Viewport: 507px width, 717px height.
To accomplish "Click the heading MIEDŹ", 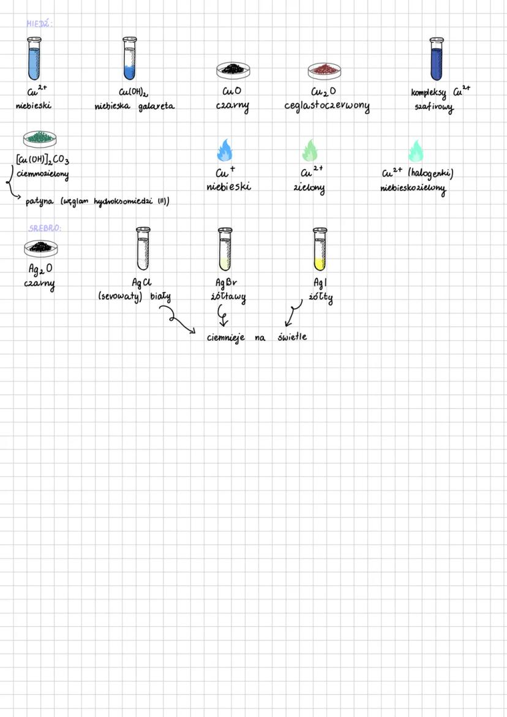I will [x=40, y=24].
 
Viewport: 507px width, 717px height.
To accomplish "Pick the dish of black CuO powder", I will [x=233, y=70].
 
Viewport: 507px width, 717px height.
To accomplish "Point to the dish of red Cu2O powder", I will [x=325, y=70].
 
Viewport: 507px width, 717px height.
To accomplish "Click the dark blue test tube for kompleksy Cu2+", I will [x=436, y=59].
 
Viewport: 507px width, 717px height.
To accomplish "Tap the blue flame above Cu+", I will [x=225, y=150].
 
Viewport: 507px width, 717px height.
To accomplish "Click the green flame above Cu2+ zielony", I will [x=310, y=150].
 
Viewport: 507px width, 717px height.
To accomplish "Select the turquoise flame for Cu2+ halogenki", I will [x=416, y=151].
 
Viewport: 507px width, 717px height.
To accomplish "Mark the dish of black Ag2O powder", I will [x=42, y=247].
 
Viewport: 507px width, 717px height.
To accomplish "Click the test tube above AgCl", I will [x=143, y=249].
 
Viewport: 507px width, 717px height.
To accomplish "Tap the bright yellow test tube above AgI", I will [x=320, y=249].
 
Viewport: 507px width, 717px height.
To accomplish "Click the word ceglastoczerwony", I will [x=326, y=107].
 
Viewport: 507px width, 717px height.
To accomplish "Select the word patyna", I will [x=40, y=201].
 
